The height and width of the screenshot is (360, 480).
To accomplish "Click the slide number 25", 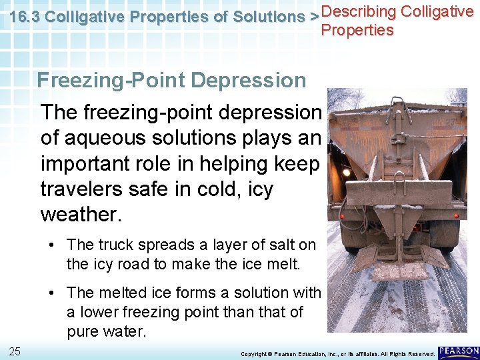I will coord(14,351).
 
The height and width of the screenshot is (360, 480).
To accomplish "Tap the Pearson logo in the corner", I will coord(459,352).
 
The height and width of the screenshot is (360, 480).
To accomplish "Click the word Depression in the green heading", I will coord(248,81).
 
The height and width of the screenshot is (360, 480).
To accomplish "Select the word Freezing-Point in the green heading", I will coord(111,81).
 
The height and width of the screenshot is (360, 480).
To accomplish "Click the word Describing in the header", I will coord(357,11).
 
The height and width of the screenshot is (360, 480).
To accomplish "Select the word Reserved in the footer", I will coord(420,353).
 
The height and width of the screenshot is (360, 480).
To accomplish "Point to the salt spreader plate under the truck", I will coord(399,271).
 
